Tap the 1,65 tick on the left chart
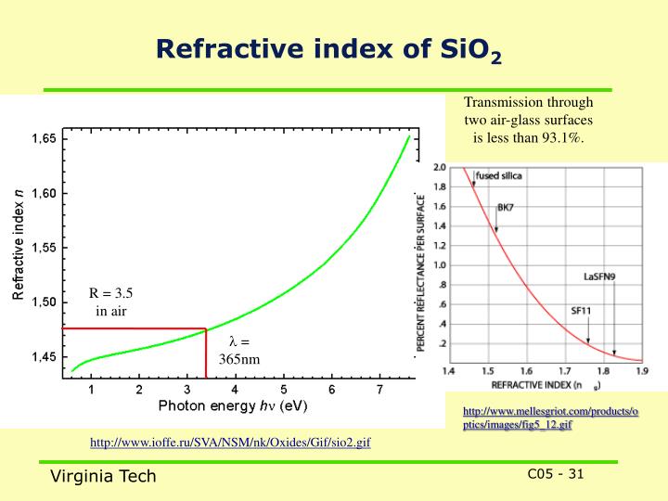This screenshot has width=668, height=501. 45,139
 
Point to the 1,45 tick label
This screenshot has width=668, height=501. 45,357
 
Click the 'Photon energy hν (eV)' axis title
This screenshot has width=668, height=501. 233,406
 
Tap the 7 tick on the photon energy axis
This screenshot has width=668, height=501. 379,390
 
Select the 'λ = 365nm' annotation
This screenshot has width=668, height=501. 239,350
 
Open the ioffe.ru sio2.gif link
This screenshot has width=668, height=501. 230,443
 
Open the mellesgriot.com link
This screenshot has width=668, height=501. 550,417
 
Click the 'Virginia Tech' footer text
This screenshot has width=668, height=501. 103,476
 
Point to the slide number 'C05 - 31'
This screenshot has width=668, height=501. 556,474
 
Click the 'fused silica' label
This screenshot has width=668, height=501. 497,175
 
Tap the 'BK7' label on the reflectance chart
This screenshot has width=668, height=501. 506,208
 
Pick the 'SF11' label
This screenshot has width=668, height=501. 582,310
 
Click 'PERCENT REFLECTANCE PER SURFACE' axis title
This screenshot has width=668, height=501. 421,270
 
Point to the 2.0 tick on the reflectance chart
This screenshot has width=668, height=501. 441,168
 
